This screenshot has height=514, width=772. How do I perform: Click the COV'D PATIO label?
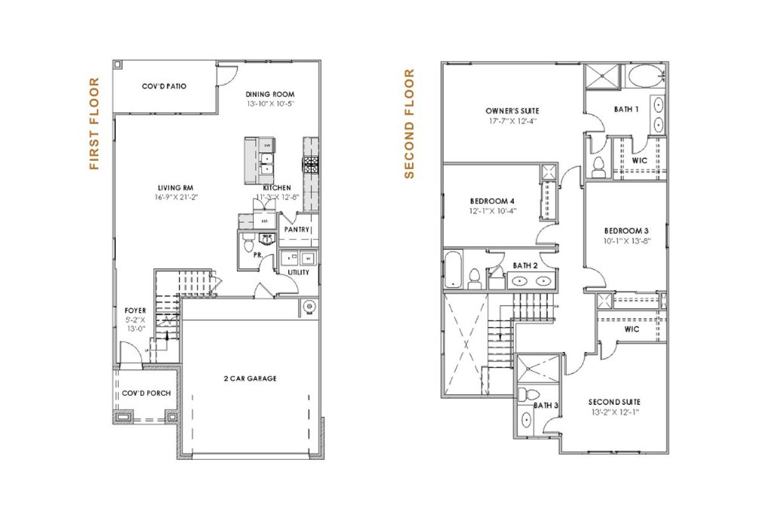164,86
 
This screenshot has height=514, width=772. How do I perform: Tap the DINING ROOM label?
270,94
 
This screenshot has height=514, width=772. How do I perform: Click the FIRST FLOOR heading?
94,124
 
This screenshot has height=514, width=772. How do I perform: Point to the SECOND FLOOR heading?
410,124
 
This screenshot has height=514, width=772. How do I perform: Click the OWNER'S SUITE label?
511,111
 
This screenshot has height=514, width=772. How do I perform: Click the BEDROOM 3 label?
625,231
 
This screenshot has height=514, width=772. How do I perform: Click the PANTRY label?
297,230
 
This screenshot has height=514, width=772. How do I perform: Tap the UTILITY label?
298,272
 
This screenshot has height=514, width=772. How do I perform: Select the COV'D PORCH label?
146,393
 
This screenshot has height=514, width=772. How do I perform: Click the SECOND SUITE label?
615,402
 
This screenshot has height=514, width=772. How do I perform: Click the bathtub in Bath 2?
451,270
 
